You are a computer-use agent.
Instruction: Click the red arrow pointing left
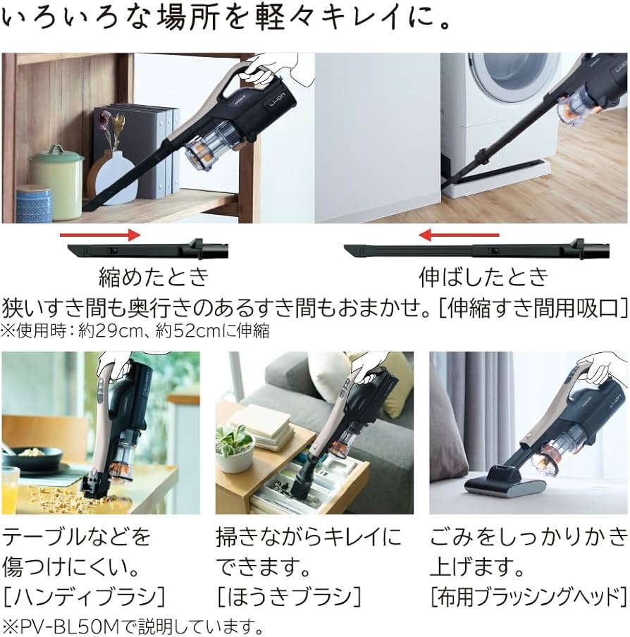[x=459, y=235]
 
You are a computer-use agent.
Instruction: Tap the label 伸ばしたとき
[x=483, y=276]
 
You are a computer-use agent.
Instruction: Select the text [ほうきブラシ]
[x=289, y=597]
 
